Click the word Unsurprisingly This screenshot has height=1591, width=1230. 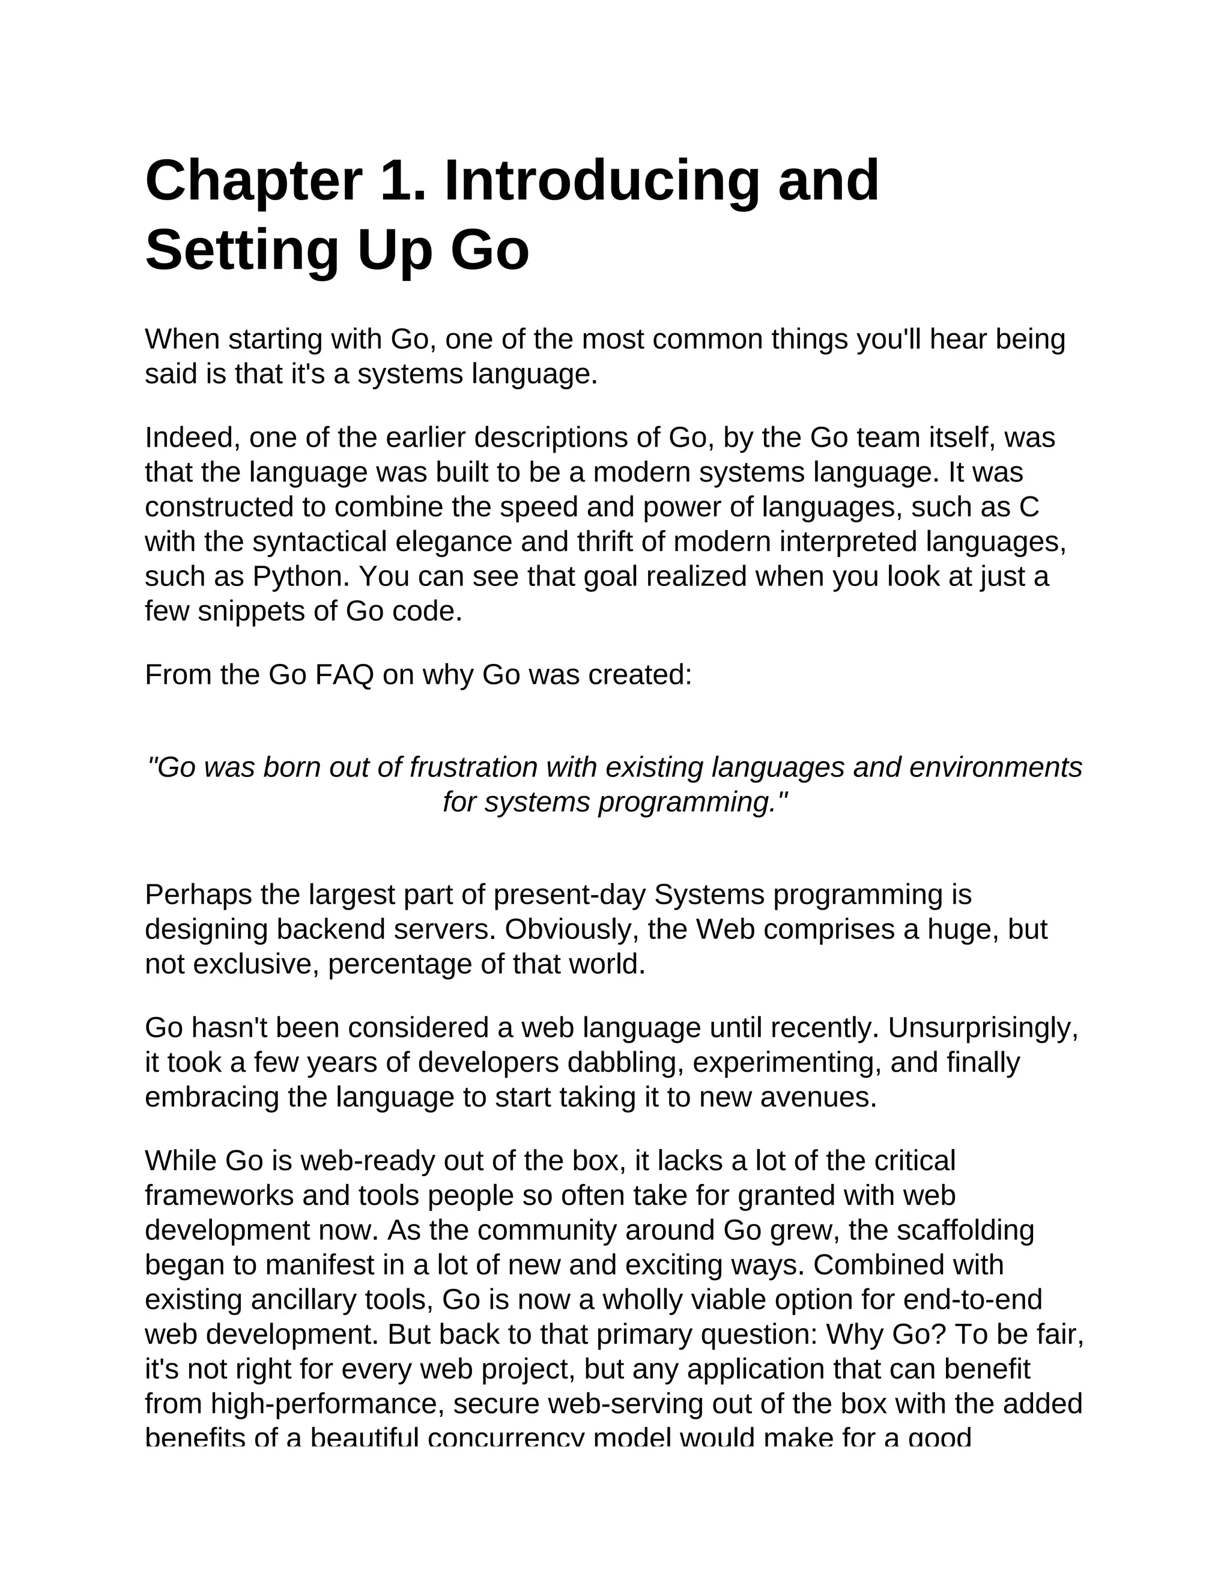pyautogui.click(x=981, y=1028)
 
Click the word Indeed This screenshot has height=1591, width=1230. pyautogui.click(x=192, y=438)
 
